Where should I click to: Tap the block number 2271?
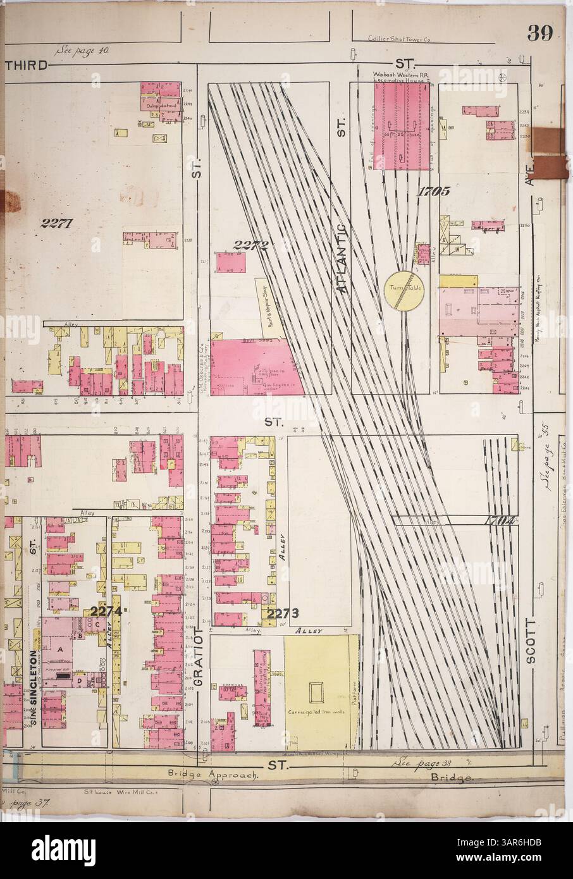pyautogui.click(x=57, y=222)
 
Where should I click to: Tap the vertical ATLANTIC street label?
pyautogui.click(x=342, y=257)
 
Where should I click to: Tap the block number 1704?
pyautogui.click(x=498, y=520)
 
